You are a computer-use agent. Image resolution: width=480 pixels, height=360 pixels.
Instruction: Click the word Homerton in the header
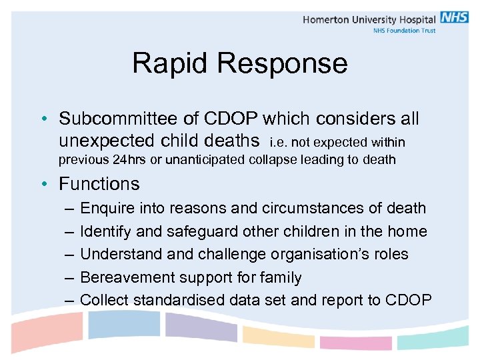coord(329,19)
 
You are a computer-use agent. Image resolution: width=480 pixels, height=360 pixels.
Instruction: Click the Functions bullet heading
coord(99,183)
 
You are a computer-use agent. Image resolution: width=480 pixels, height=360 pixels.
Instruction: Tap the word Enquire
coord(107,208)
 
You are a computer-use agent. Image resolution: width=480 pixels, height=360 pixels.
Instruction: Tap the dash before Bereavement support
coord(69,278)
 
